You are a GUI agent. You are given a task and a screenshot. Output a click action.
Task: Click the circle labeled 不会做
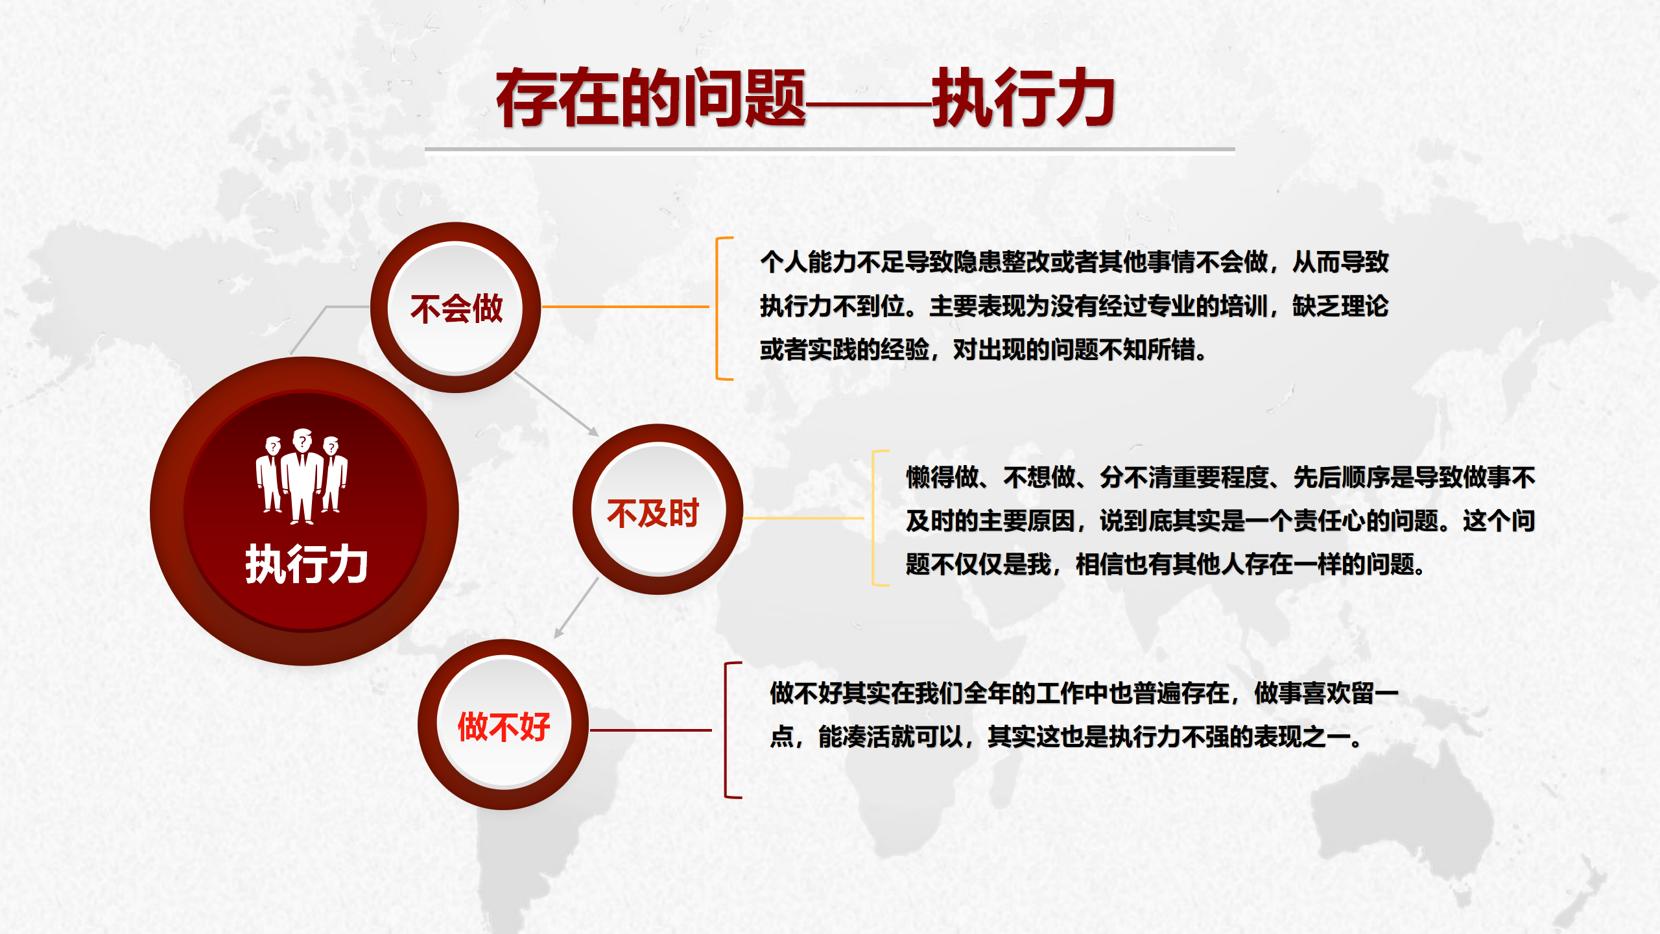click(455, 307)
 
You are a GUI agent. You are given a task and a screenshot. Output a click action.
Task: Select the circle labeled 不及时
click(658, 509)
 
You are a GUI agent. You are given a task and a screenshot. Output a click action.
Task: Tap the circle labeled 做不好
click(503, 724)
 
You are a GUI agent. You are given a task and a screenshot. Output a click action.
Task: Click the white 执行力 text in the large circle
click(306, 564)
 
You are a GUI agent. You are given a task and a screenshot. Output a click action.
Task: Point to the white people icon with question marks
click(302, 476)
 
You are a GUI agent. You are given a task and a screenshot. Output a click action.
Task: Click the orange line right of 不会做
click(625, 307)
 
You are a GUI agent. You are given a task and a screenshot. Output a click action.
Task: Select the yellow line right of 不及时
click(803, 518)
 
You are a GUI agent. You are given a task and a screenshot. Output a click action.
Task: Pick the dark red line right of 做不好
click(650, 730)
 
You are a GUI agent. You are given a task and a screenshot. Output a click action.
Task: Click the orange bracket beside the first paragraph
click(717, 308)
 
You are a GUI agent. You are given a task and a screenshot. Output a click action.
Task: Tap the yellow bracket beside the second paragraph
click(874, 518)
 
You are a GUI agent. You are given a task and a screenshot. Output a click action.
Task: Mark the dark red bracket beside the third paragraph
click(726, 730)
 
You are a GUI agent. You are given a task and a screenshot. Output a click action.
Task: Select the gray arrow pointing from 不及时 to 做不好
click(576, 608)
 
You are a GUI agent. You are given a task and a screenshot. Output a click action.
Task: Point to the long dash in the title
click(869, 104)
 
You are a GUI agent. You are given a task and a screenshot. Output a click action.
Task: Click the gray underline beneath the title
click(830, 149)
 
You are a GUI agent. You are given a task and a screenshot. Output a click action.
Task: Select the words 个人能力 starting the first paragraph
click(808, 262)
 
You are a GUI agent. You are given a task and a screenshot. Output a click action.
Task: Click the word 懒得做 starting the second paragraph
click(942, 477)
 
